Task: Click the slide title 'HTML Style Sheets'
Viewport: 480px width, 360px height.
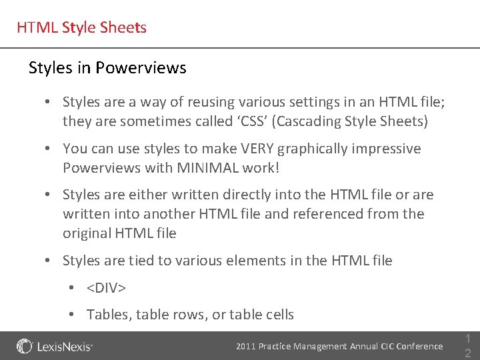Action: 81,28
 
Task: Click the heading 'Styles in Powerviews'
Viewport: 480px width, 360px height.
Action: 107,68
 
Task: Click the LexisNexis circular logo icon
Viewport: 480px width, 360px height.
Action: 25,347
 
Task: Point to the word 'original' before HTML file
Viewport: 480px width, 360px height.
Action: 87,233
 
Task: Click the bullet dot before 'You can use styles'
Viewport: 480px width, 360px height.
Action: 49,149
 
